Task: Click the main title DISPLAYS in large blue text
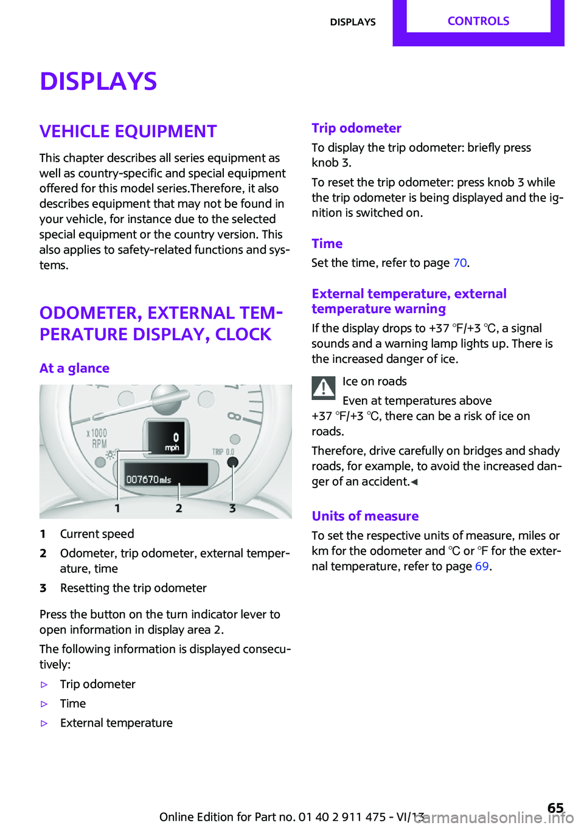99,81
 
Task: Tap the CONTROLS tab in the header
478,21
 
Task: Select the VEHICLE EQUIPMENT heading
128,131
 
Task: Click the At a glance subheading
74,368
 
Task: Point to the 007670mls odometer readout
149,480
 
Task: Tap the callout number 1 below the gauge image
117,508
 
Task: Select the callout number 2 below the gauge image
179,508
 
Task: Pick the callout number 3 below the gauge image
232,508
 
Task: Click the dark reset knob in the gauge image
232,463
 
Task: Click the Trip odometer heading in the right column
356,128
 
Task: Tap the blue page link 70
460,263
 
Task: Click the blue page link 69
482,567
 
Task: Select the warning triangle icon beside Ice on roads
324,388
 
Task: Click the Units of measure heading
365,516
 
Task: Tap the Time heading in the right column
327,244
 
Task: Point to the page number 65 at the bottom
555,807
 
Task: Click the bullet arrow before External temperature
44,723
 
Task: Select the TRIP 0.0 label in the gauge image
223,452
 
